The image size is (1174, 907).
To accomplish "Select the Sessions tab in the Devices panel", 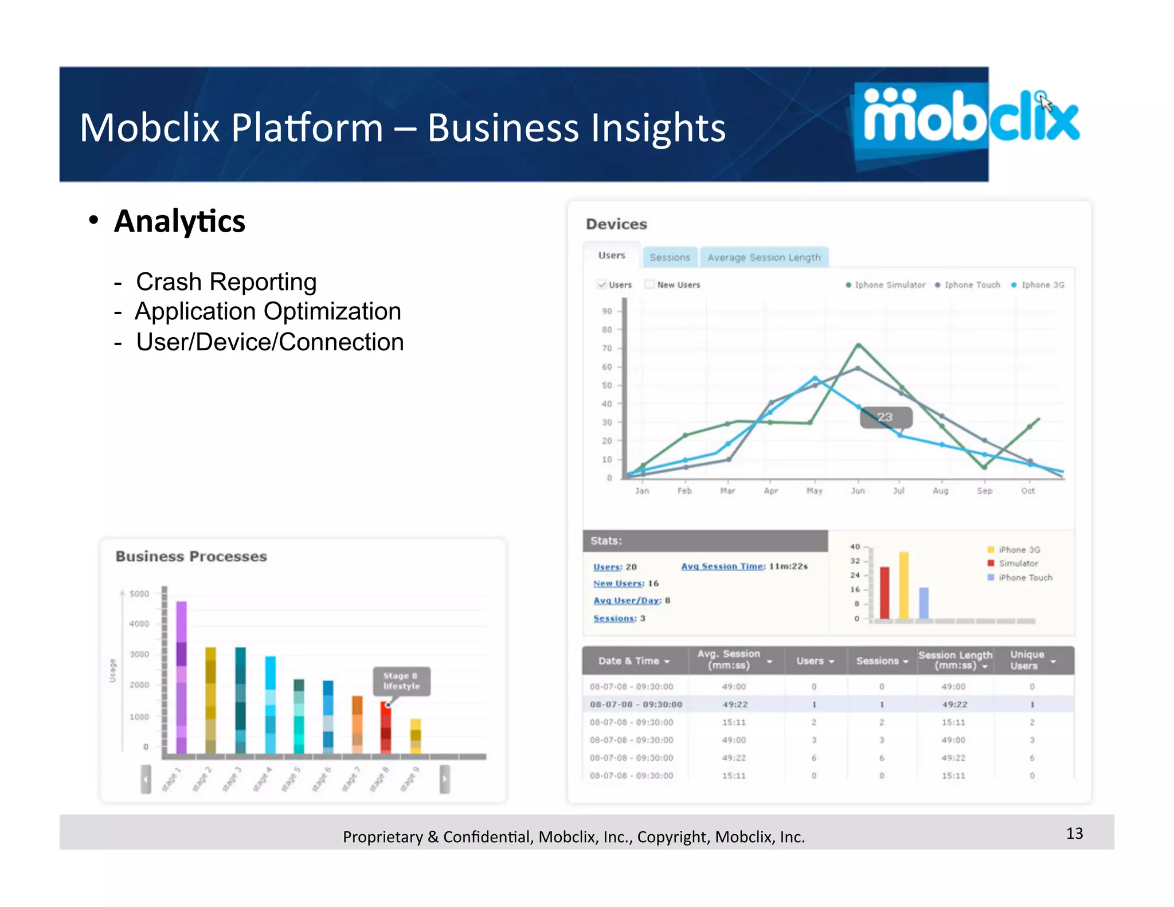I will (x=670, y=257).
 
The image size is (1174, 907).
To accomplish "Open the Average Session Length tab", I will (x=764, y=257).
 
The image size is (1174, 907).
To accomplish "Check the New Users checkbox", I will (x=649, y=284).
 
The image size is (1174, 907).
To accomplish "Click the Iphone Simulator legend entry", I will (x=886, y=285).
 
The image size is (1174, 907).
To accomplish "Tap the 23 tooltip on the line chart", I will (x=885, y=417).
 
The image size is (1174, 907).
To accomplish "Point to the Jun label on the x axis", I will (x=858, y=491).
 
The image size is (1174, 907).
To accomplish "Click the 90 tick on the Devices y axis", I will (x=607, y=311).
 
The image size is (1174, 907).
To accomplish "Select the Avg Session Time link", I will (x=723, y=566).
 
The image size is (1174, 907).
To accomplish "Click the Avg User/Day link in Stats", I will (x=627, y=600).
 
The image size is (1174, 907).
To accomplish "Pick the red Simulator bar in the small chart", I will (x=885, y=593).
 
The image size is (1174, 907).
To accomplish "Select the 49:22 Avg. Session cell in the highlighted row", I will (x=735, y=704).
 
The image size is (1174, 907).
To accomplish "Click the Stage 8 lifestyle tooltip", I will (x=401, y=681).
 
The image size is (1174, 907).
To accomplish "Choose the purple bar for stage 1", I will (x=181, y=677).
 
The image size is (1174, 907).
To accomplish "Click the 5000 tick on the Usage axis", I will (x=139, y=593).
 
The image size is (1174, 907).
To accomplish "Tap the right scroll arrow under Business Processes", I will (x=445, y=779).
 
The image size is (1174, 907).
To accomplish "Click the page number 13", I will (x=1074, y=833).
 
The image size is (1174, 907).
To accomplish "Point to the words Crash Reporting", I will (x=226, y=282).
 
